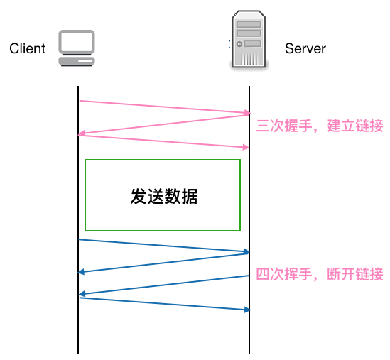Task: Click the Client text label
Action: pyautogui.click(x=27, y=49)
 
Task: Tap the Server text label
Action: pyautogui.click(x=305, y=49)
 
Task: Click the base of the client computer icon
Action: pyautogui.click(x=77, y=62)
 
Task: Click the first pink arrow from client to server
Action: pyautogui.click(x=163, y=107)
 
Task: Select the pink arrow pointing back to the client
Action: pyautogui.click(x=163, y=124)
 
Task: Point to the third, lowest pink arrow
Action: pyautogui.click(x=163, y=141)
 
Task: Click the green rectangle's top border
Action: pyautogui.click(x=163, y=160)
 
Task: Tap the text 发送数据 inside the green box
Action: pyautogui.click(x=163, y=197)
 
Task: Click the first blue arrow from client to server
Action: pyautogui.click(x=163, y=246)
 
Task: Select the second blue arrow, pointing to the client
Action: pyautogui.click(x=163, y=263)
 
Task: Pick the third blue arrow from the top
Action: pyautogui.click(x=163, y=285)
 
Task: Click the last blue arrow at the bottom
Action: pyautogui.click(x=163, y=304)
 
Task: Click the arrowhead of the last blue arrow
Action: pyautogui.click(x=247, y=310)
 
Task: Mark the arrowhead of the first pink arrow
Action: pyautogui.click(x=247, y=113)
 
